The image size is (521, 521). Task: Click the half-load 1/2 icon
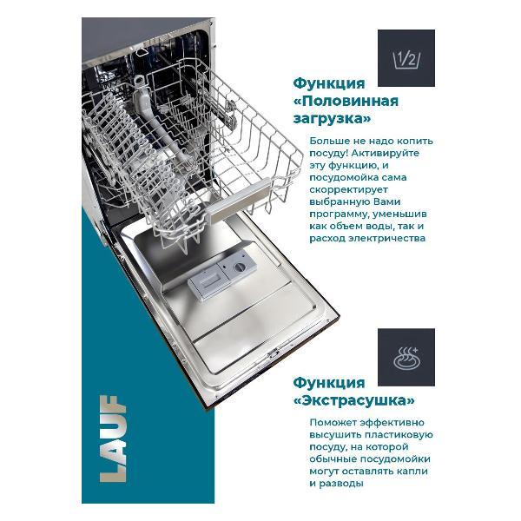[x=406, y=58]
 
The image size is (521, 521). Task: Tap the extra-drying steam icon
[x=406, y=357]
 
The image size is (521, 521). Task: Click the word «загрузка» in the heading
[x=333, y=119]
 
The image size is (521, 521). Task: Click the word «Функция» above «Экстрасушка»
[x=329, y=382]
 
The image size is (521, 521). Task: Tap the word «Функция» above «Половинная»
[x=329, y=82]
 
